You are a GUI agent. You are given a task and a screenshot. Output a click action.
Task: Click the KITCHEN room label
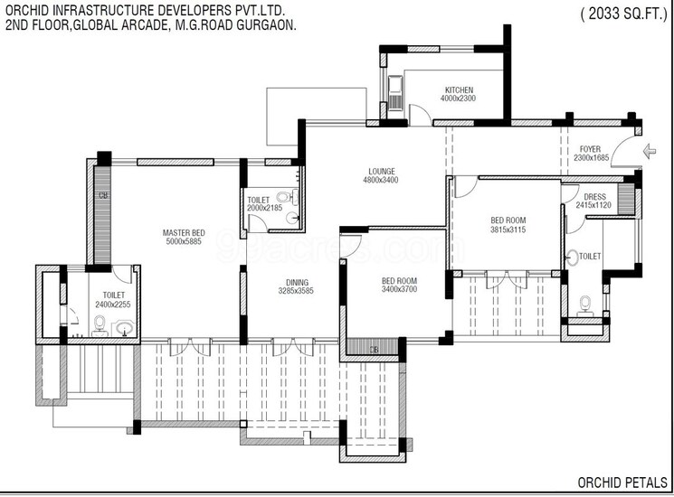coord(459,89)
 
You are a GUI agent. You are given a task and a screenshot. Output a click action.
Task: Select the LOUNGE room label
coord(381,170)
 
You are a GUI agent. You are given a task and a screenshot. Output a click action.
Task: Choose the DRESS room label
coord(594,196)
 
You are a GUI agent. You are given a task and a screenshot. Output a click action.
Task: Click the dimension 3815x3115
coord(508,230)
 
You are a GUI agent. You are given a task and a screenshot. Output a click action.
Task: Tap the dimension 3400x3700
coord(399,291)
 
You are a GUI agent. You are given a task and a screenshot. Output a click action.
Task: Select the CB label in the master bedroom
coord(102,194)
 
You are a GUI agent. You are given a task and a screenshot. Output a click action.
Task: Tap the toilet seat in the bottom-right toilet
coord(585,303)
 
